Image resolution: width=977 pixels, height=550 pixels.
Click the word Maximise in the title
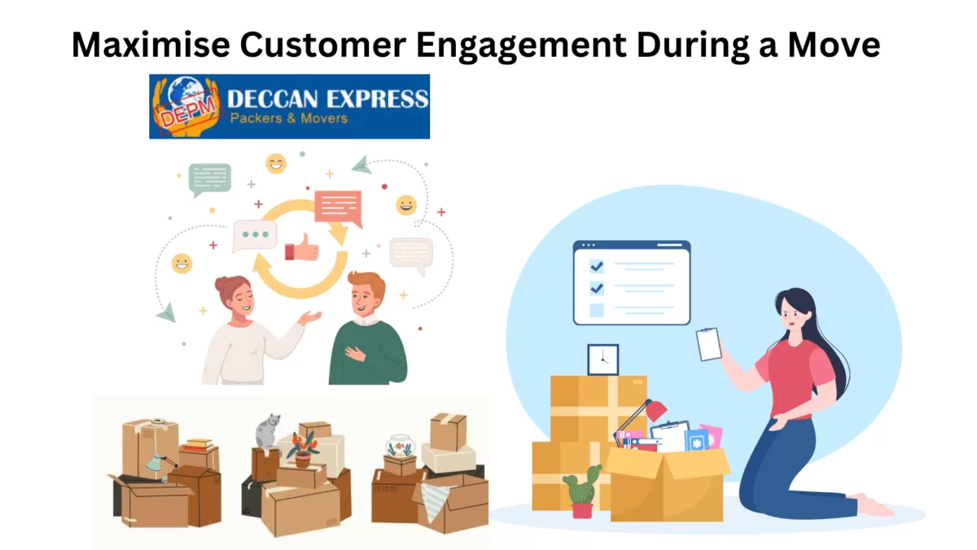coord(151,44)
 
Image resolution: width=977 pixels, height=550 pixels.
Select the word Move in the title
coord(834,44)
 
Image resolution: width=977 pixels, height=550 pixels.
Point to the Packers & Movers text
coord(289,118)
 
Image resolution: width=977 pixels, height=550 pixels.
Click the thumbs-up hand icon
coord(302,248)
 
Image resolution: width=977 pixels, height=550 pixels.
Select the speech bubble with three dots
coord(255,235)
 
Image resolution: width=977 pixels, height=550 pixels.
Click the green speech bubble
coord(210,179)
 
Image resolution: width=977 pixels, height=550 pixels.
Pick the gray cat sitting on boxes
coord(267,431)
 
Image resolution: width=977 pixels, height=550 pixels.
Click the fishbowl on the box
coord(400,446)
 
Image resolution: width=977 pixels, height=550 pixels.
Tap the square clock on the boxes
coord(602,359)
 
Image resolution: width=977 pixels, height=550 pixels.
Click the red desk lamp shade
coord(656,411)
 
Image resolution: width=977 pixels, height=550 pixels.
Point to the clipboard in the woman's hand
coord(708,344)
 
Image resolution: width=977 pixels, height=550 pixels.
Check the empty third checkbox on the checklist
coord(597,310)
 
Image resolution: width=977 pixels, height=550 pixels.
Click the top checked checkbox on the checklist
coord(597,266)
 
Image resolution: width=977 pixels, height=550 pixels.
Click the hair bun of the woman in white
coord(223,284)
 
